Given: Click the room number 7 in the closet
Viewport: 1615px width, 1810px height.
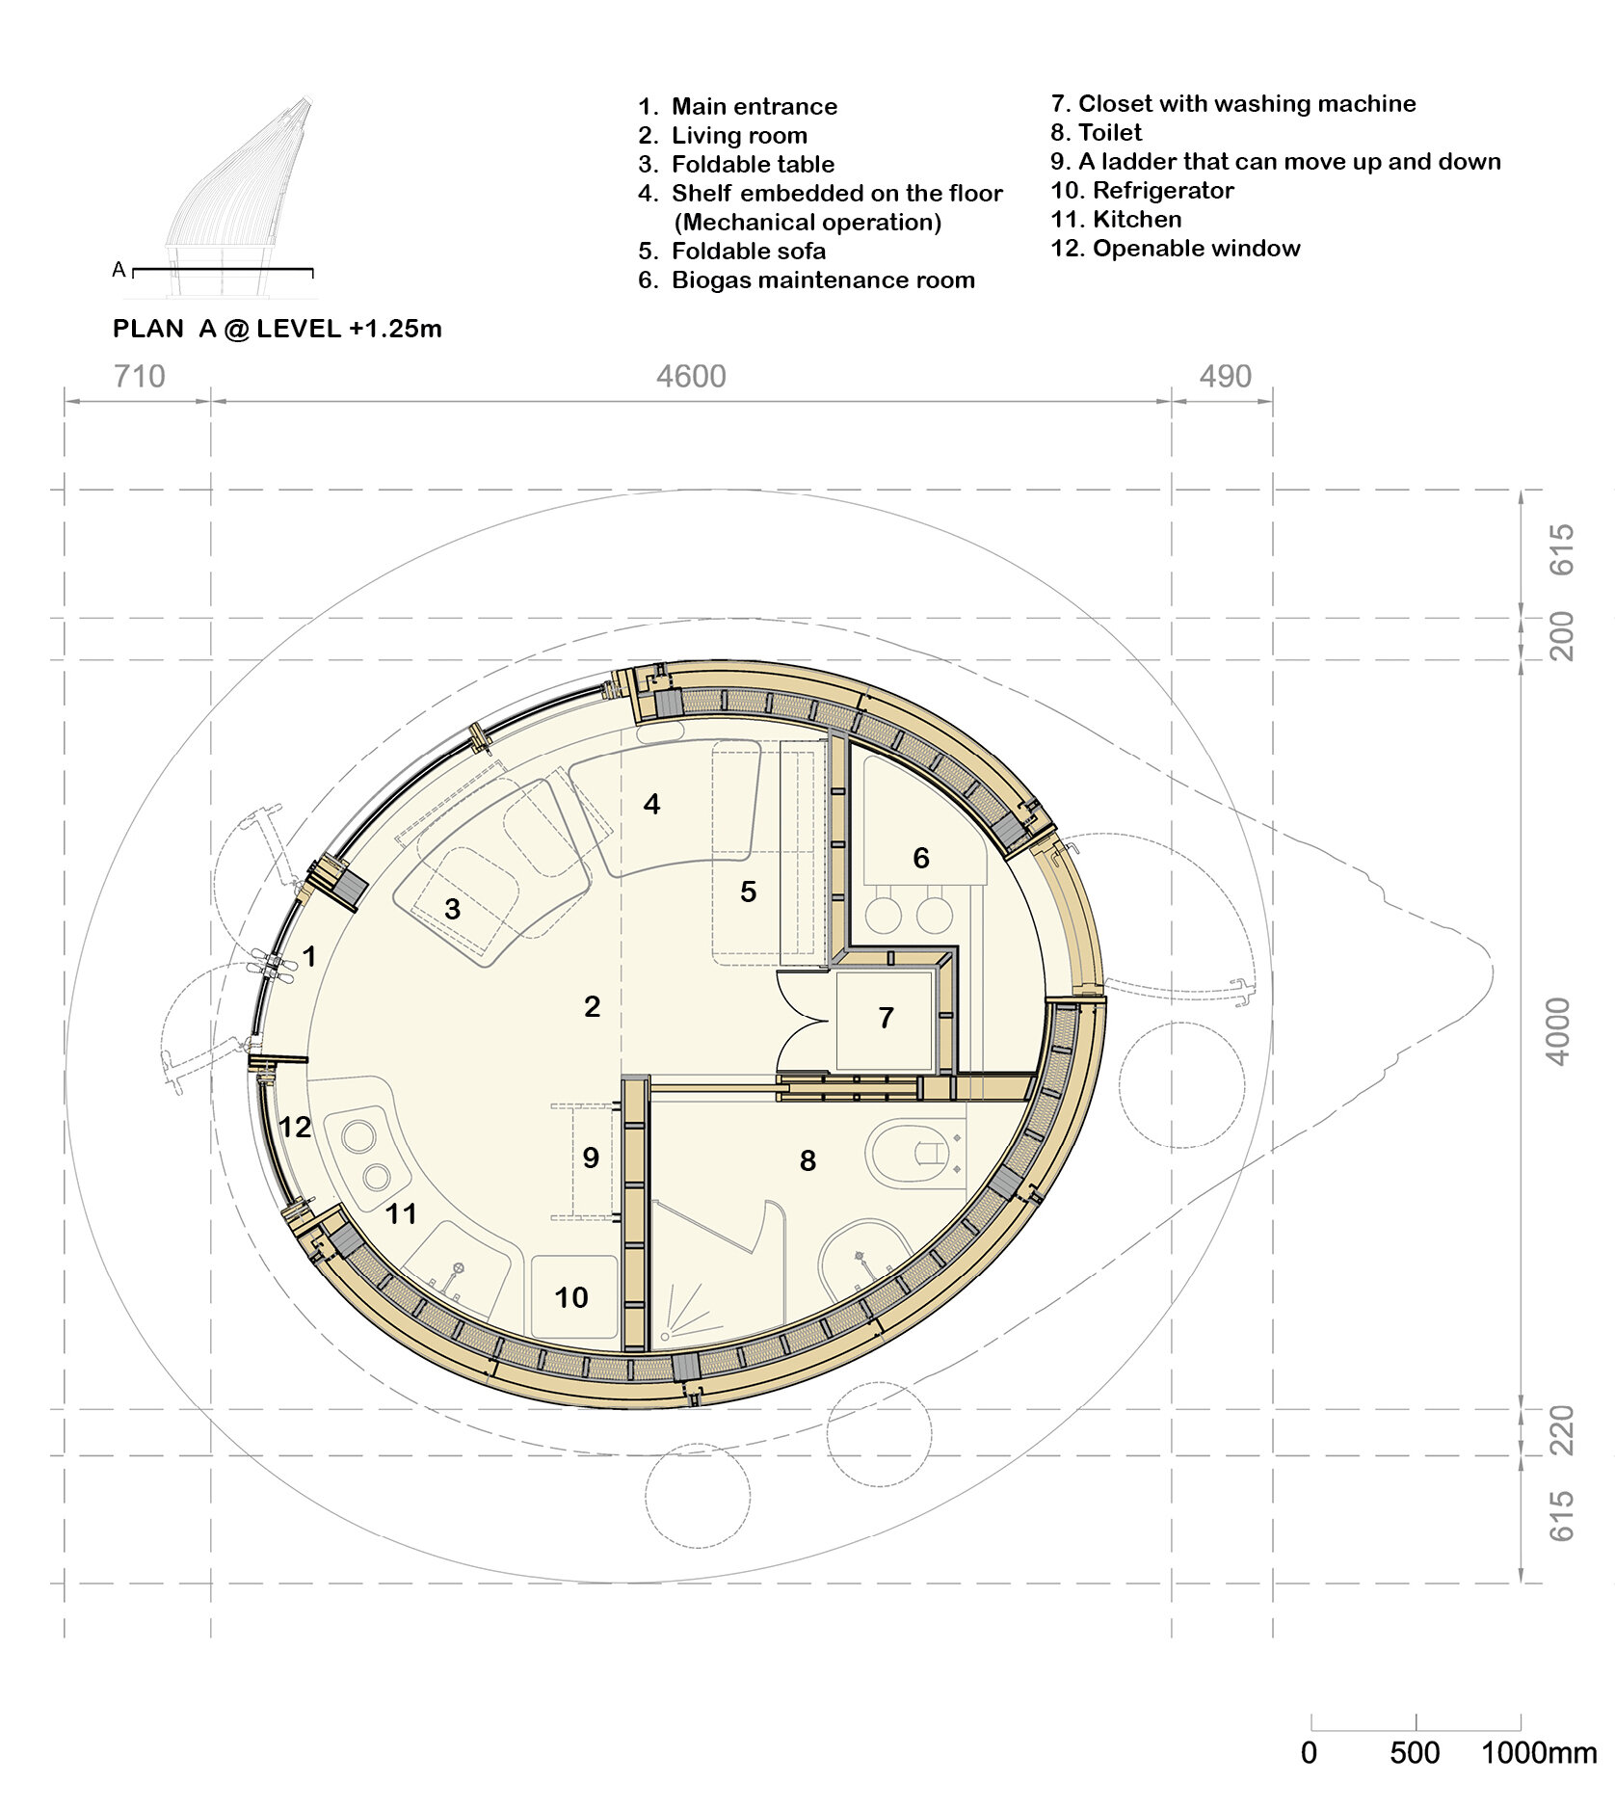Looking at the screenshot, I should click(886, 1018).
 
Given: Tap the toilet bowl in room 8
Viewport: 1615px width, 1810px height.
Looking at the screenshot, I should click(915, 1152).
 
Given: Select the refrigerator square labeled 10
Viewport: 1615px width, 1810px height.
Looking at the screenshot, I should click(573, 1296).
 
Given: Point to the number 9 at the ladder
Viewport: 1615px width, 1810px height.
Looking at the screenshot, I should click(591, 1158).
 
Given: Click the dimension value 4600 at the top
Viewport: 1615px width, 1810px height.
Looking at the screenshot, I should click(691, 376).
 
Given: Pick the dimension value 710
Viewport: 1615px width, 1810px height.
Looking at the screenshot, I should click(139, 376).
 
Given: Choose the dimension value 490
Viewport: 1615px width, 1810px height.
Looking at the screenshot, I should click(1225, 376).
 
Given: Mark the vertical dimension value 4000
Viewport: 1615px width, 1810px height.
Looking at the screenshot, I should click(1558, 1031).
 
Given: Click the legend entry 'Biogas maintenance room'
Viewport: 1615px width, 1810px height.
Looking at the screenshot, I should click(822, 280).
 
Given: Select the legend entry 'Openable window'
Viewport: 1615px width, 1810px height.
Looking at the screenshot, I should click(1195, 249).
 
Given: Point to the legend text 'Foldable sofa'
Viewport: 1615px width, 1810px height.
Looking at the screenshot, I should click(748, 252).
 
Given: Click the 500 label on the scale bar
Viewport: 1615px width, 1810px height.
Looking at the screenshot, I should click(1414, 1751).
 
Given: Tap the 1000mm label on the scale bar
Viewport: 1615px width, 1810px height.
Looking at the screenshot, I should click(1538, 1751).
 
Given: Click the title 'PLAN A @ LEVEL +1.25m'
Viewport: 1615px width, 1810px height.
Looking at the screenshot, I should click(277, 329).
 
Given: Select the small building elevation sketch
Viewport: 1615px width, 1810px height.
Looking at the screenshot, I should click(239, 193).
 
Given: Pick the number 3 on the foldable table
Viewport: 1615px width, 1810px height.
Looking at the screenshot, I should click(452, 908).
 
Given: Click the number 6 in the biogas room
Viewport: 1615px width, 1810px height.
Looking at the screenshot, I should click(920, 858).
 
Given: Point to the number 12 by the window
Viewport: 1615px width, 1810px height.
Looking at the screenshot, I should click(294, 1127).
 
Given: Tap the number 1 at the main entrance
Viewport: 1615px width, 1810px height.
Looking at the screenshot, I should click(309, 956).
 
